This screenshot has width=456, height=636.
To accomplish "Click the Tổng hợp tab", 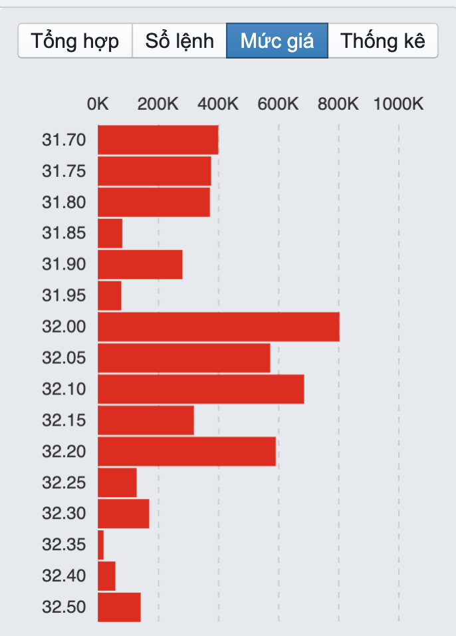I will pyautogui.click(x=75, y=41).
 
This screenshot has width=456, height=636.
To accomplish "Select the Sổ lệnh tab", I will pyautogui.click(x=179, y=41).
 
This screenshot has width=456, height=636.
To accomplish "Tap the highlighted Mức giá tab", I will pyautogui.click(x=277, y=41).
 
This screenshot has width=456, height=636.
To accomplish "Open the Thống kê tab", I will pyautogui.click(x=383, y=41).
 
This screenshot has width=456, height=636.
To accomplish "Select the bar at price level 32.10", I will pyautogui.click(x=201, y=389).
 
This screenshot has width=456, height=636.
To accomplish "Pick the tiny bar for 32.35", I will pyautogui.click(x=101, y=545).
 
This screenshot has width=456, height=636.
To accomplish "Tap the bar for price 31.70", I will pyautogui.click(x=158, y=140).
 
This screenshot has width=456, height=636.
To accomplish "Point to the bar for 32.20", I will pyautogui.click(x=187, y=452).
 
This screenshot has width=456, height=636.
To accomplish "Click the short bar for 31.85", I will pyautogui.click(x=110, y=234).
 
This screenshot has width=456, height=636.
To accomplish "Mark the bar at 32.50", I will pyautogui.click(x=120, y=607).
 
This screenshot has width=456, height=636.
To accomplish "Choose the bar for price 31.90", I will pyautogui.click(x=140, y=264).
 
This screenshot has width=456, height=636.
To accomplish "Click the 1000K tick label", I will pyautogui.click(x=398, y=104).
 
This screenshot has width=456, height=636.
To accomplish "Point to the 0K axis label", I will pyautogui.click(x=98, y=104).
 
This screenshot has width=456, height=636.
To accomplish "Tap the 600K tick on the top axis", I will pyautogui.click(x=279, y=104).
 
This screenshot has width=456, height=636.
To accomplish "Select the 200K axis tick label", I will pyautogui.click(x=158, y=104).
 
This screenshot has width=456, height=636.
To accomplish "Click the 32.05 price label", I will pyautogui.click(x=64, y=358).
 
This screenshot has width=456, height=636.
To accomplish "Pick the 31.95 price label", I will pyautogui.click(x=64, y=295).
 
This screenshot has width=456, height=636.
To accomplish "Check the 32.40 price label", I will pyautogui.click(x=64, y=575).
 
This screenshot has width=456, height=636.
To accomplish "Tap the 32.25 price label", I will pyautogui.click(x=64, y=482).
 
